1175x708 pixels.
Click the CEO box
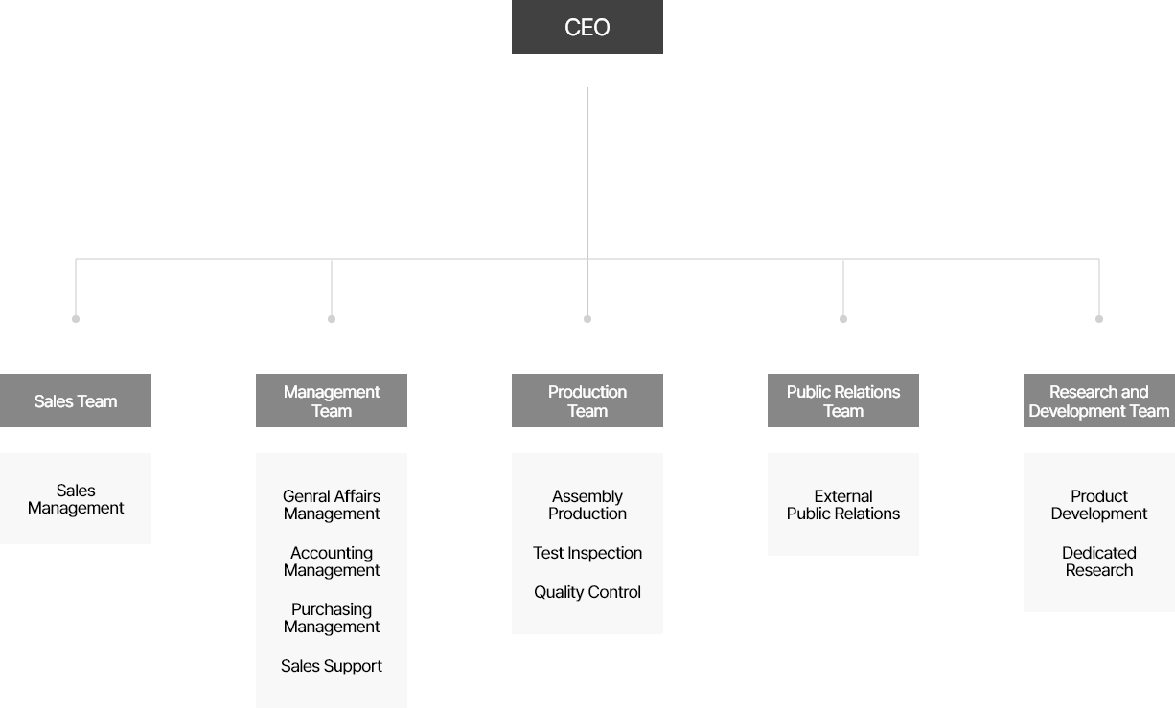click(587, 27)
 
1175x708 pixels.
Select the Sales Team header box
click(76, 400)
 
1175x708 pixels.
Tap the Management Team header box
click(332, 400)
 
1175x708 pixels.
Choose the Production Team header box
click(587, 400)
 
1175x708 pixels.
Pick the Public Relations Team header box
click(843, 400)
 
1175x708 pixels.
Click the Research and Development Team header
click(1099, 400)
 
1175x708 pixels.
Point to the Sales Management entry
click(76, 499)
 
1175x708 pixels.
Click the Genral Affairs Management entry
click(332, 505)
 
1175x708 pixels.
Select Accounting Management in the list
click(332, 561)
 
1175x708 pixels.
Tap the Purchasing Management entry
click(332, 618)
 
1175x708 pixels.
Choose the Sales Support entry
click(332, 666)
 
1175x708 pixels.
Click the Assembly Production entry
click(587, 505)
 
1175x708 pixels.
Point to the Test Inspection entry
click(587, 553)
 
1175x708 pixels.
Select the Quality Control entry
click(587, 592)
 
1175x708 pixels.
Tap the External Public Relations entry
click(843, 505)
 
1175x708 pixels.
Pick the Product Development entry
click(1099, 505)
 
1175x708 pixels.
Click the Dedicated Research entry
click(1099, 561)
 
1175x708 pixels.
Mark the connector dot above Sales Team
click(76, 319)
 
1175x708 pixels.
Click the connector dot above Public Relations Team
click(843, 319)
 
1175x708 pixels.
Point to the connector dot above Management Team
click(332, 319)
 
